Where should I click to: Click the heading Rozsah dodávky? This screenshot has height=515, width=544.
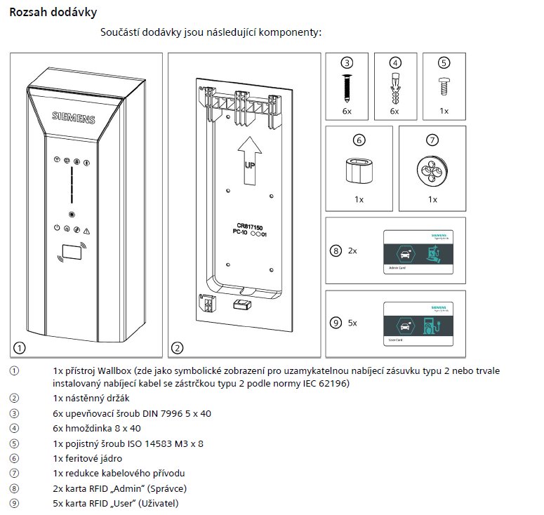click(53, 13)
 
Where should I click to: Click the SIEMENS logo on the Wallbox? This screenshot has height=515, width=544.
click(74, 118)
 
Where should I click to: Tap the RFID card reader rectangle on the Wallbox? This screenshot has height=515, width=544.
click(70, 251)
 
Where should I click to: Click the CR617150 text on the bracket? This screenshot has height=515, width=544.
click(251, 226)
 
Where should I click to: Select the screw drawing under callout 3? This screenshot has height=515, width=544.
click(347, 87)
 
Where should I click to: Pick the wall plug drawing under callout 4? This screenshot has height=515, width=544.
click(394, 88)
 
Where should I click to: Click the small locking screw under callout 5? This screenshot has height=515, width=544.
click(443, 86)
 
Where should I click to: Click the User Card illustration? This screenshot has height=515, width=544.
click(418, 322)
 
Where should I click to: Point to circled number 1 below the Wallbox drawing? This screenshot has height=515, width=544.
click(20, 347)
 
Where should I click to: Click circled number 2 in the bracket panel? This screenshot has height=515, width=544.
click(178, 347)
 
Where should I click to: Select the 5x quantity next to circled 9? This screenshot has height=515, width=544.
click(352, 323)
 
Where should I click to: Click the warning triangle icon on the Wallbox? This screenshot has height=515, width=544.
click(86, 230)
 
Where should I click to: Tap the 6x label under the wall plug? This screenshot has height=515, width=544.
click(394, 112)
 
